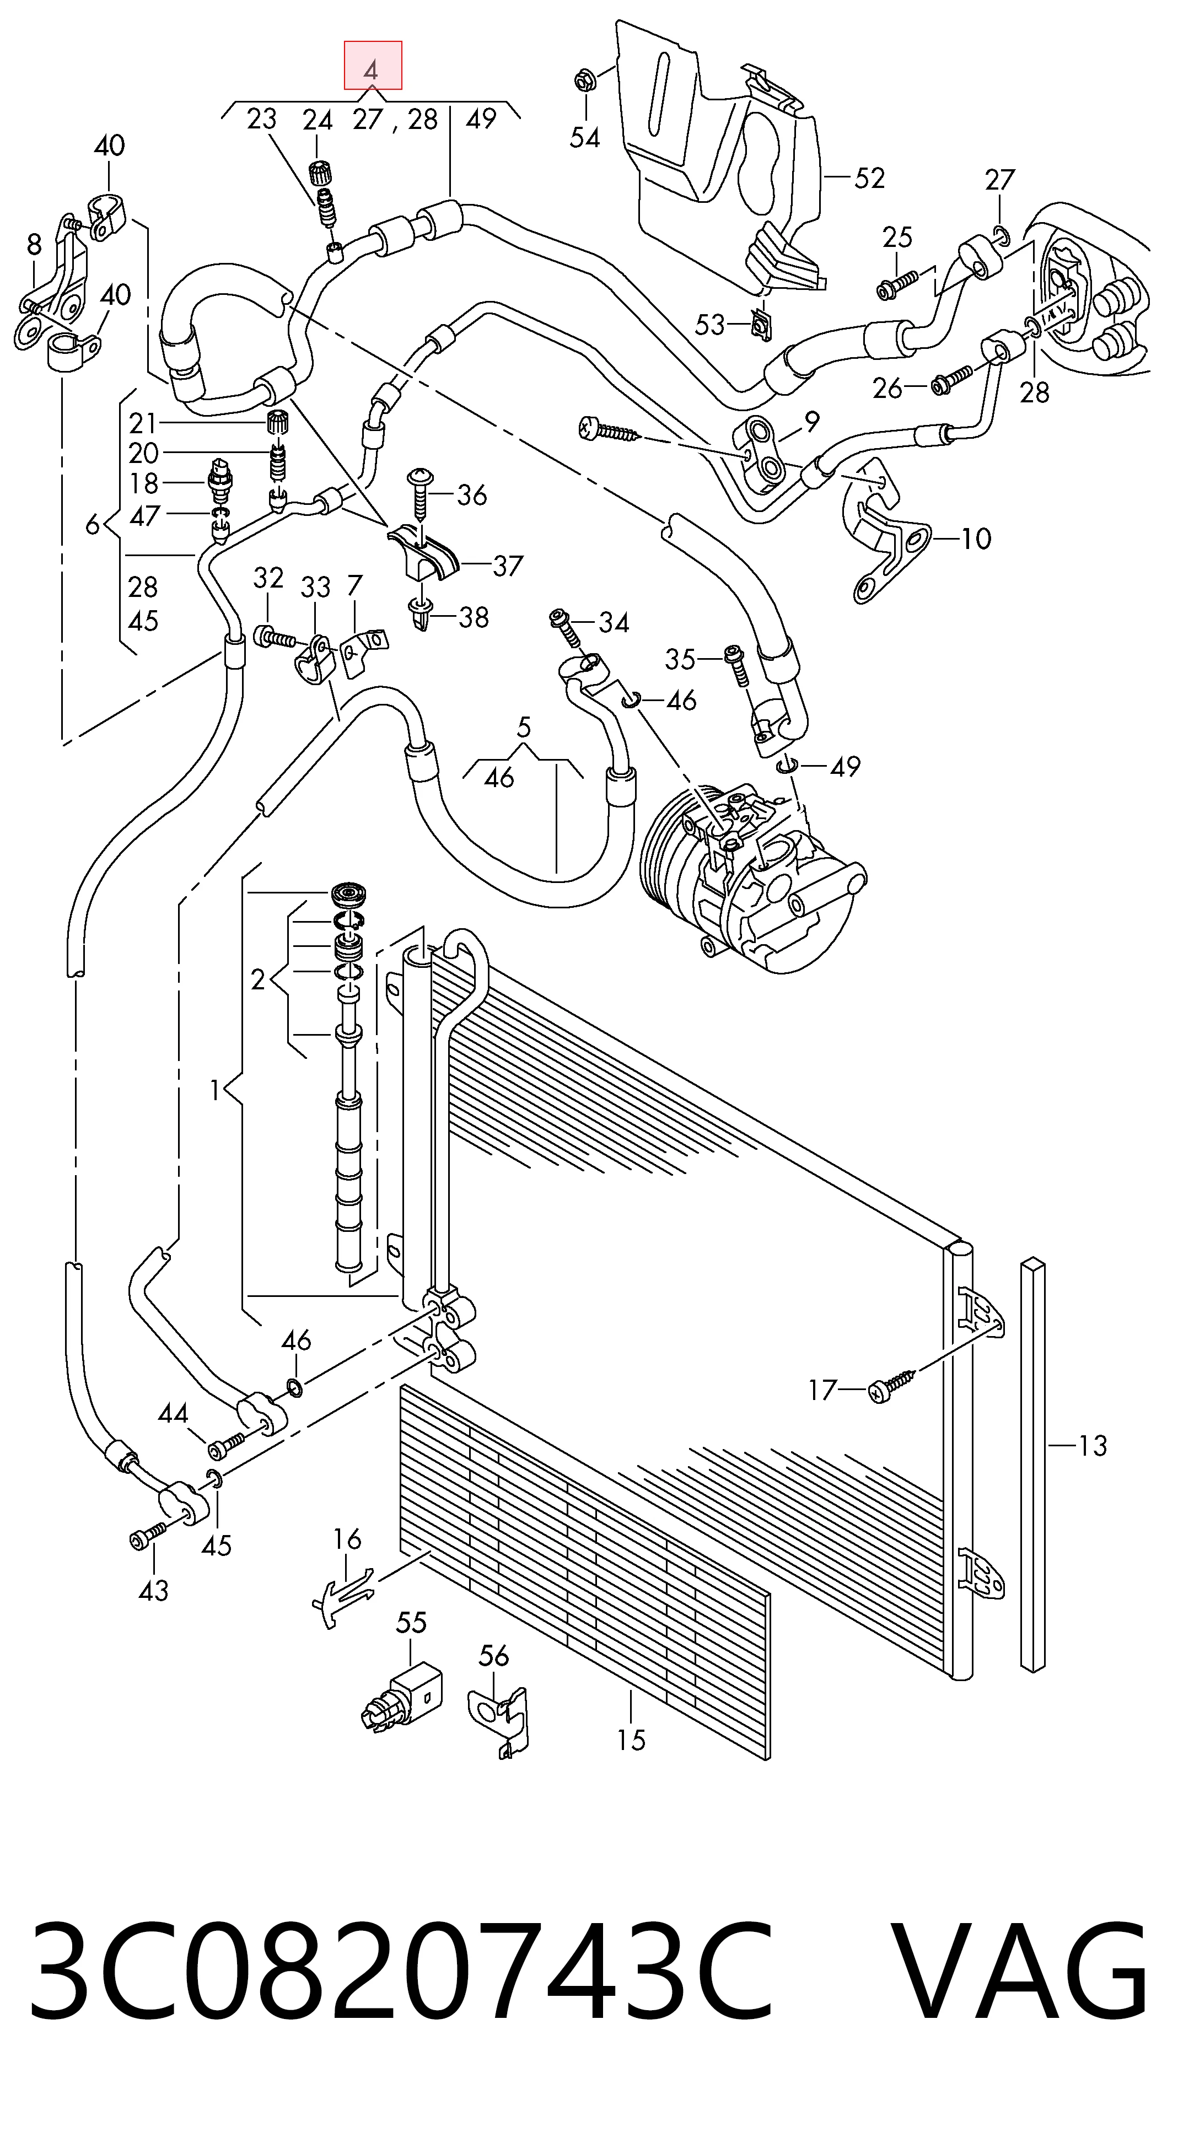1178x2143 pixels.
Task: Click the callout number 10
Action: (x=976, y=539)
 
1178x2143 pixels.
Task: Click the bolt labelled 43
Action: (x=148, y=1537)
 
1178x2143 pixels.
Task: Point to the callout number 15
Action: (x=631, y=1740)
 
